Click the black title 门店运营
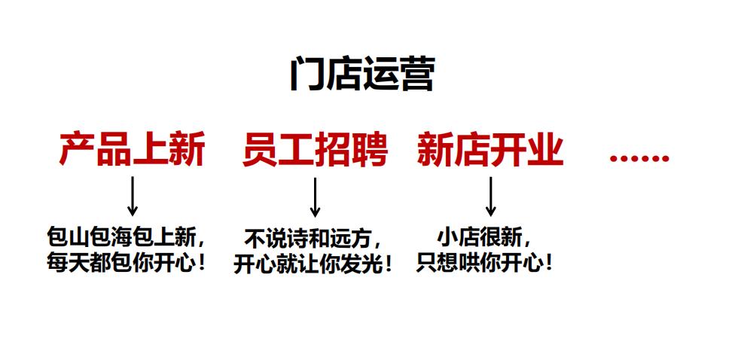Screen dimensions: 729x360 (361, 75)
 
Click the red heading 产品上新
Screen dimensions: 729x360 (133, 150)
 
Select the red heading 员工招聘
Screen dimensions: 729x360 (316, 150)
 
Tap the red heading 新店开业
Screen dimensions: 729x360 (490, 150)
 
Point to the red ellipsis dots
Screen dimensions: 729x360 (639, 158)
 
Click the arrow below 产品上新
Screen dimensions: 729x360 (133, 197)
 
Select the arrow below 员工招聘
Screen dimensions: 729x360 (316, 197)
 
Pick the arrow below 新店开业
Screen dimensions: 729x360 (490, 197)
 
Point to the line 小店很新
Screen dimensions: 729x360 (484, 239)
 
